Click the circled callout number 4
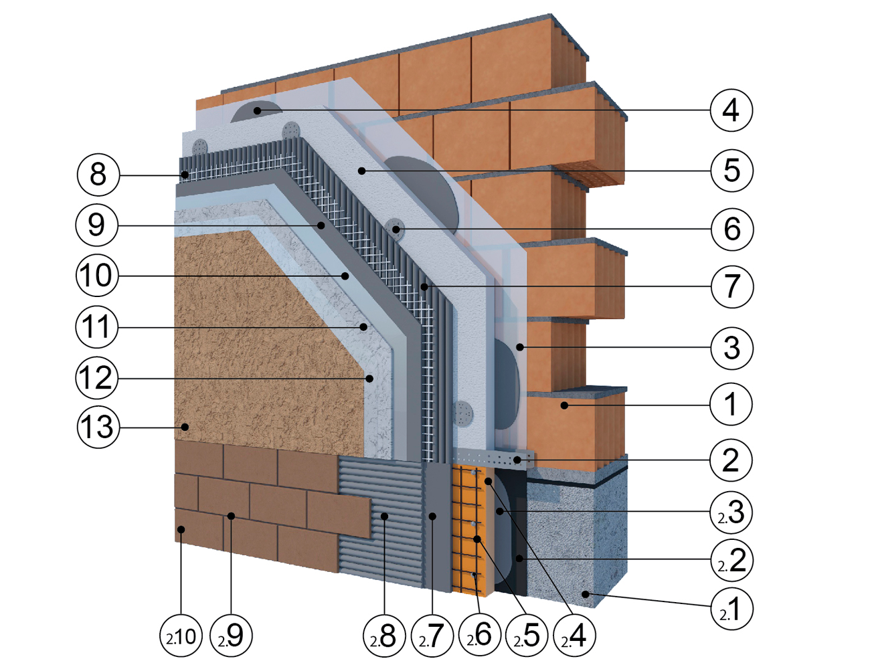point(731,110)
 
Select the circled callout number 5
point(731,170)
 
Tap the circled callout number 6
point(731,229)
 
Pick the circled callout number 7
point(731,286)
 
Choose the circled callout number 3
point(731,347)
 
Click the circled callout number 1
point(731,404)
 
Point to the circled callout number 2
point(731,460)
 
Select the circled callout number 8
point(98,175)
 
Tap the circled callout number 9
point(97,225)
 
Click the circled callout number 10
point(97,275)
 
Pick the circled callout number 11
point(97,327)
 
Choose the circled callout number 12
point(97,378)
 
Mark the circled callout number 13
point(98,427)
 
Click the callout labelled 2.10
point(181,636)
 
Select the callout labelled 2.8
point(383,636)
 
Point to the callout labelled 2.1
point(731,609)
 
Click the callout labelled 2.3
point(731,512)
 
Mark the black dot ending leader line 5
point(361,171)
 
